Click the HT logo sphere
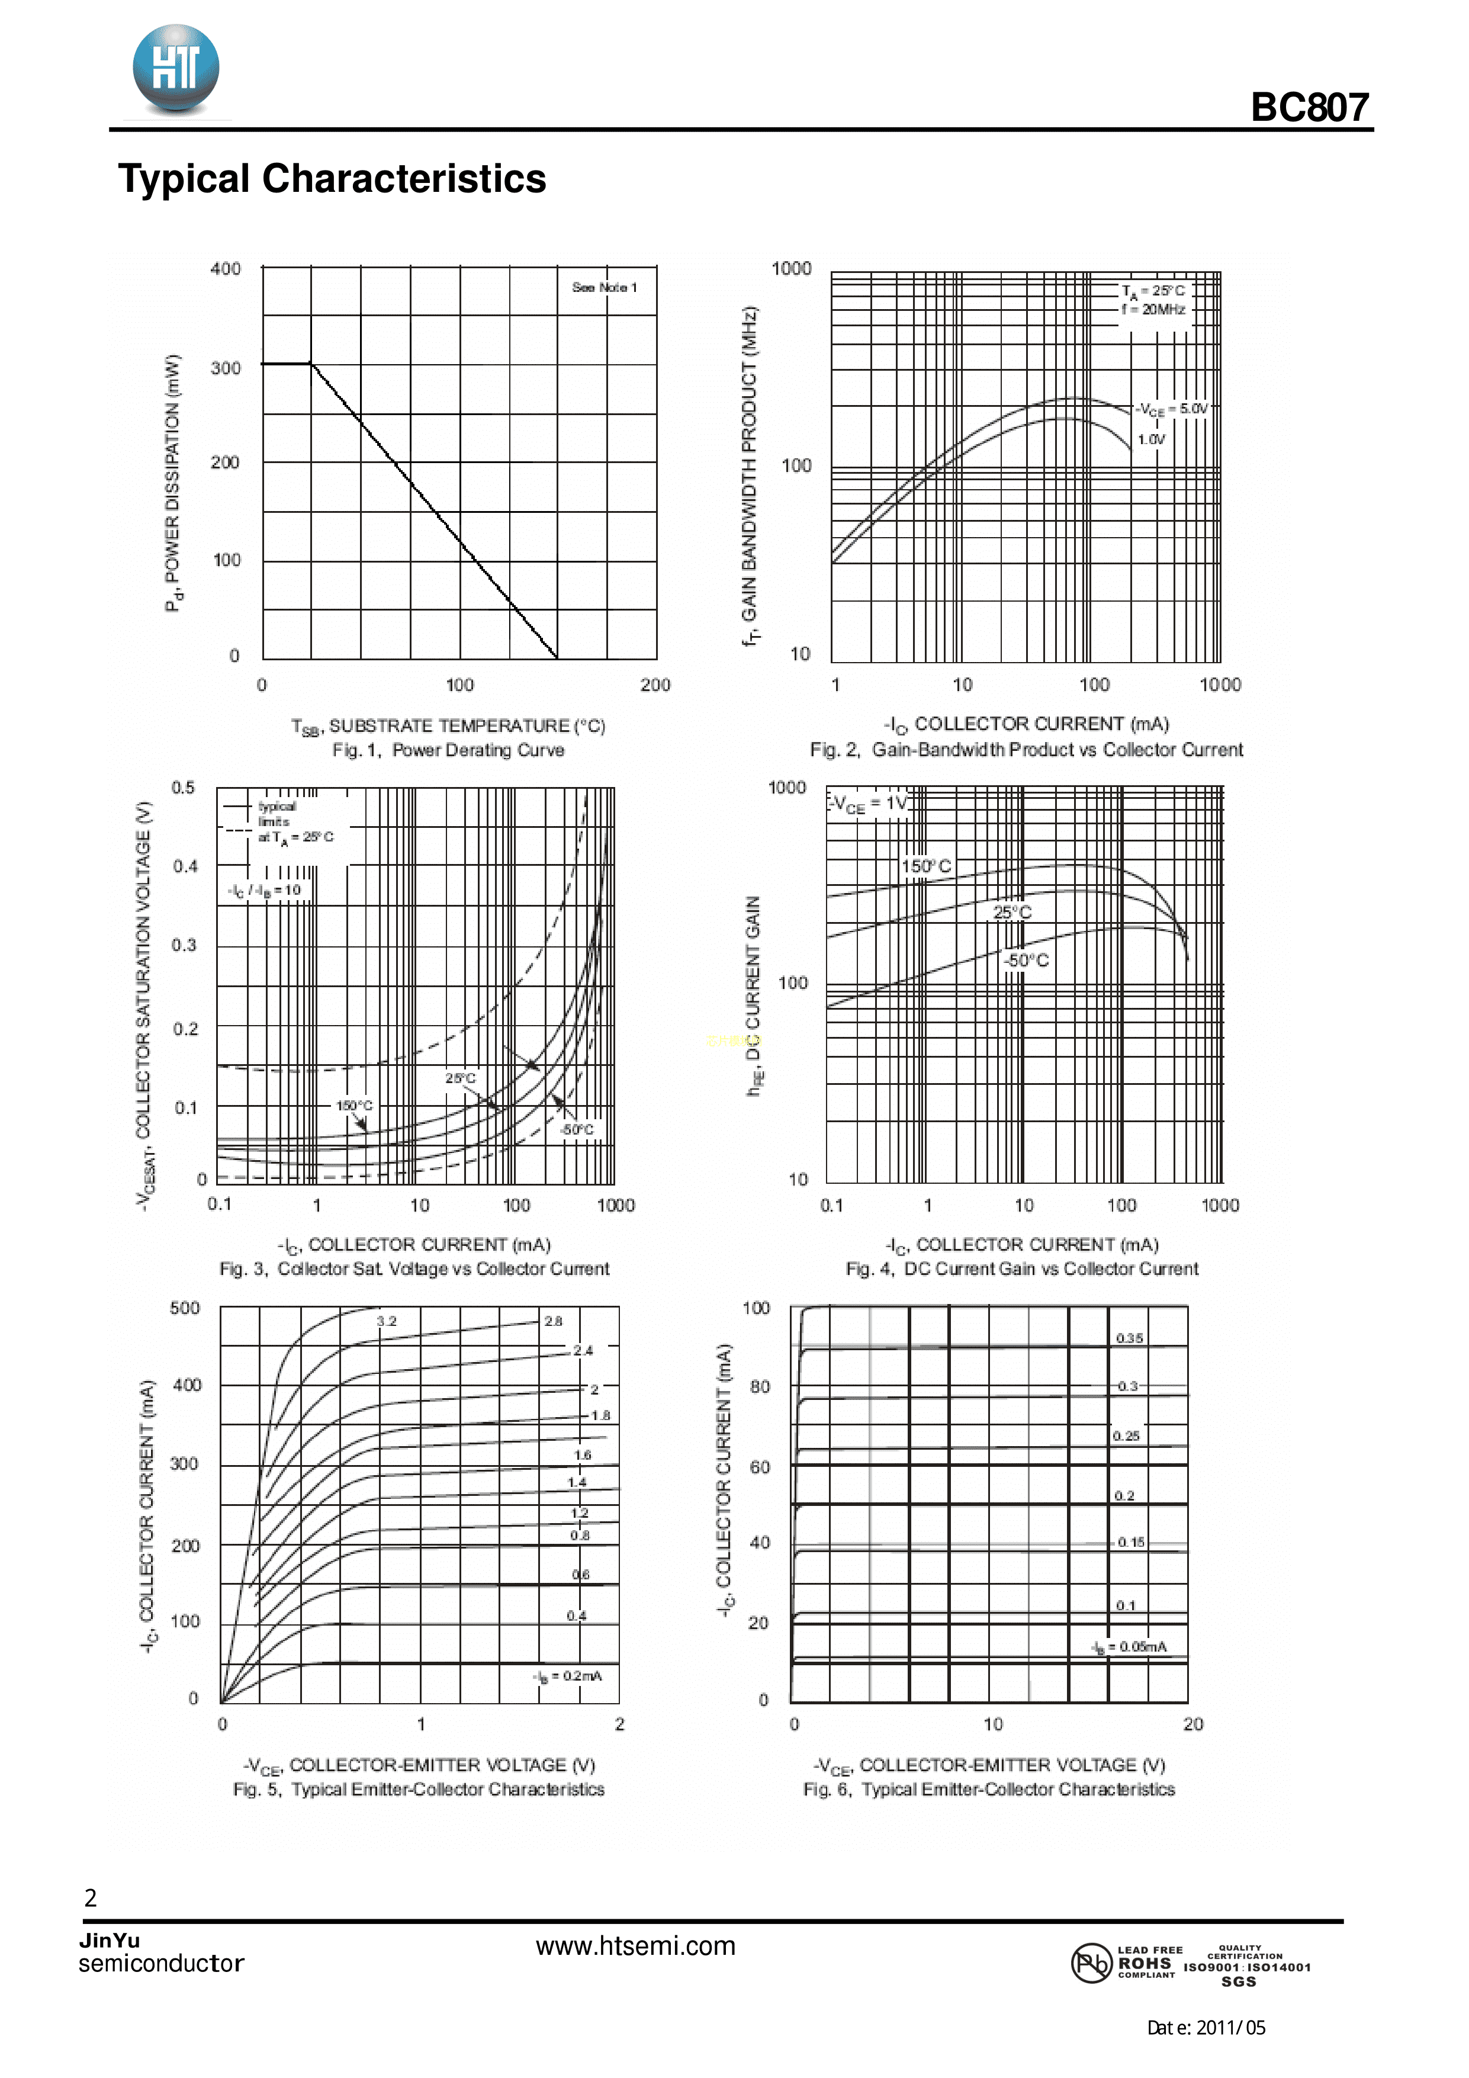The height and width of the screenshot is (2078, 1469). pyautogui.click(x=176, y=69)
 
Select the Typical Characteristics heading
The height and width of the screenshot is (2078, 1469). pyautogui.click(x=332, y=178)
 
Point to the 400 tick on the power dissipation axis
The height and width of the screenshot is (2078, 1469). pyautogui.click(x=226, y=269)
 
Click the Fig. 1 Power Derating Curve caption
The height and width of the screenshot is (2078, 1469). pyautogui.click(x=448, y=750)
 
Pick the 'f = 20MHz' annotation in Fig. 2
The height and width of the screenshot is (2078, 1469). pyautogui.click(x=1153, y=310)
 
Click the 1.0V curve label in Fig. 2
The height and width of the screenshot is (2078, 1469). pyautogui.click(x=1151, y=440)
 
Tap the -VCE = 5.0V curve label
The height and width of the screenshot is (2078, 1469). pyautogui.click(x=1172, y=409)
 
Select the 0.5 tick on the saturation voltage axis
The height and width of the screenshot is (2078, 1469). pyautogui.click(x=183, y=788)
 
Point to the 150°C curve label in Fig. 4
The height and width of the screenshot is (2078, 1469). pyautogui.click(x=926, y=866)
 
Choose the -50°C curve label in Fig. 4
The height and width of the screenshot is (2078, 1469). pyautogui.click(x=1026, y=961)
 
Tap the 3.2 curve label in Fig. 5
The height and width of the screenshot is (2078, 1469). pyautogui.click(x=387, y=1321)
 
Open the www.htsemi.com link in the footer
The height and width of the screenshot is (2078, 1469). pyautogui.click(x=635, y=1946)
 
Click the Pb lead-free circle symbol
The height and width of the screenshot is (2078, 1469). pyautogui.click(x=1091, y=1963)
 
